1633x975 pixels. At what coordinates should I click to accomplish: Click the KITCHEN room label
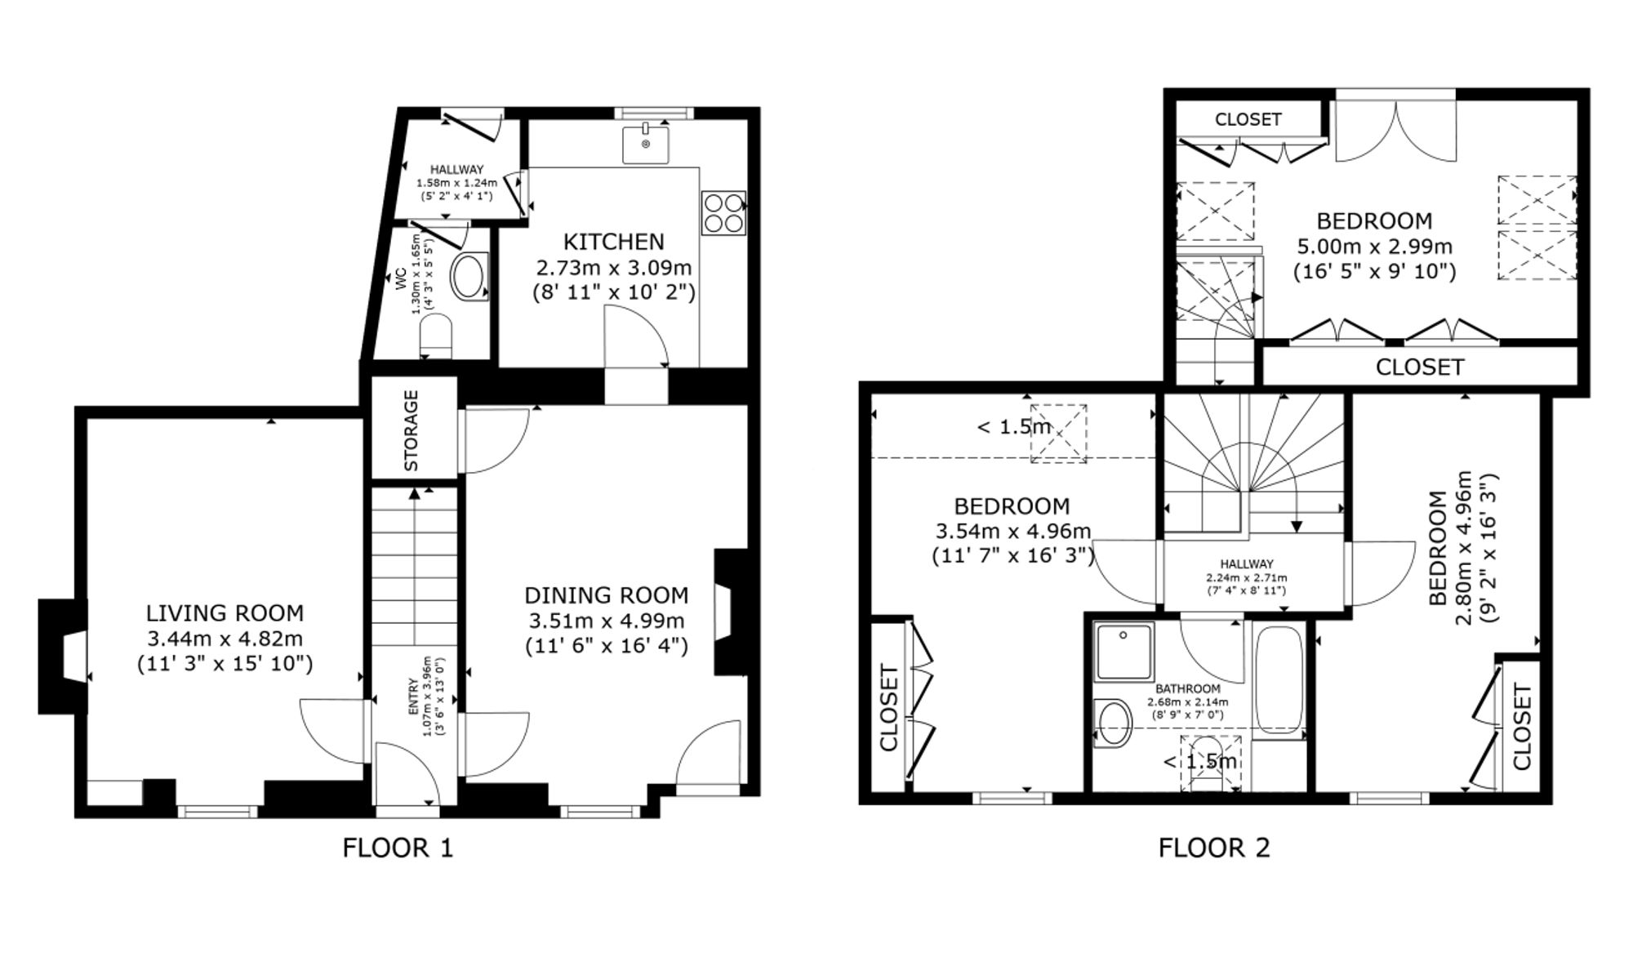(x=614, y=242)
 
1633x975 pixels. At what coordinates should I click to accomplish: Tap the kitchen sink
(x=645, y=145)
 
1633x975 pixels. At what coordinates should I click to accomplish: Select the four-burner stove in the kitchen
(x=723, y=212)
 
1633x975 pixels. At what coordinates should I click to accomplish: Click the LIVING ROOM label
(x=225, y=613)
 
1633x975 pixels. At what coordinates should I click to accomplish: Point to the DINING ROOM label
(x=607, y=595)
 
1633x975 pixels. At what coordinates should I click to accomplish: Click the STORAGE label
(x=412, y=430)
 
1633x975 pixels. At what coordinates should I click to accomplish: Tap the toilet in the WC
(x=435, y=336)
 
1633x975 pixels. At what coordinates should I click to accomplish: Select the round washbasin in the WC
(x=469, y=277)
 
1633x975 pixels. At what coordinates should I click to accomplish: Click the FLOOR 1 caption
(x=398, y=848)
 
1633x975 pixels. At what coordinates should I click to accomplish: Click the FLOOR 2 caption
(x=1214, y=848)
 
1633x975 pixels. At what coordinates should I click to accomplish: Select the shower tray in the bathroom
(x=1124, y=652)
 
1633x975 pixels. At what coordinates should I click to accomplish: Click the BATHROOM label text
(x=1187, y=689)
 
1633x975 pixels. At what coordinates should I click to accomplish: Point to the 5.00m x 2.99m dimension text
(x=1375, y=246)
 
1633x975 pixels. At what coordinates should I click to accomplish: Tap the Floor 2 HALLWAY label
(x=1247, y=564)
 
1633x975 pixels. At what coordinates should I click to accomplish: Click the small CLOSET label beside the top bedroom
(x=1248, y=119)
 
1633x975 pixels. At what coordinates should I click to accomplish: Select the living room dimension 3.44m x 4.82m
(x=225, y=639)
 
